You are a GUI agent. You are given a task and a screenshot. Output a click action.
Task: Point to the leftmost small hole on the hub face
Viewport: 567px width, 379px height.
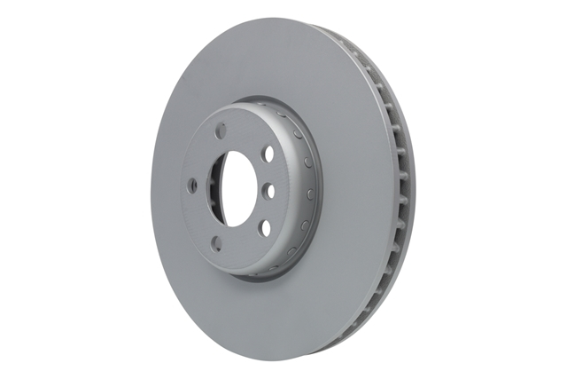coord(190,187)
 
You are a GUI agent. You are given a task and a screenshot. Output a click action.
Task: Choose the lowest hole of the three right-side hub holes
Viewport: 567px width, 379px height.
coord(264,228)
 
